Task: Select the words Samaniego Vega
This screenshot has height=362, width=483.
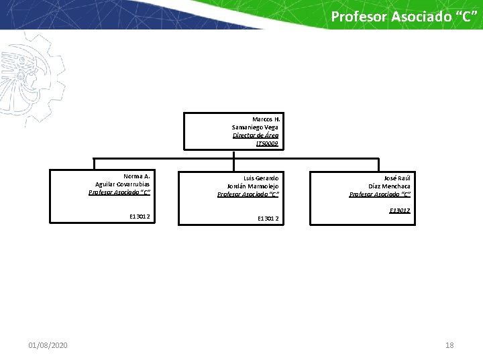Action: pos(255,127)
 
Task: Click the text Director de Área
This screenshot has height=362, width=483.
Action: pos(255,135)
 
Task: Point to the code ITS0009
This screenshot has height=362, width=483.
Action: pos(266,143)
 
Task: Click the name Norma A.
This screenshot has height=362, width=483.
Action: pos(136,176)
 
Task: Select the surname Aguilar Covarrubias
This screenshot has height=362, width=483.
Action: pos(123,184)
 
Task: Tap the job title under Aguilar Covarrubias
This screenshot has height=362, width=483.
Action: pos(119,192)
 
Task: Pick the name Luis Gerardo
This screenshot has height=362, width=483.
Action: pos(261,178)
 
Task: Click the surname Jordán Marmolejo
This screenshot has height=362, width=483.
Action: pos(253,186)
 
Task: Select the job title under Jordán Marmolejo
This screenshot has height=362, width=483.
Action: pos(248,194)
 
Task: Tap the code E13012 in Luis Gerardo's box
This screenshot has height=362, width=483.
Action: pos(268,218)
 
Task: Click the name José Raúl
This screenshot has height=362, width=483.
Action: pos(396,178)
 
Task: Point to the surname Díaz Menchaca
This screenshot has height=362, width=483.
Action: pos(389,186)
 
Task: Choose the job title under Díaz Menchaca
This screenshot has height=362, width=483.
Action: pos(380,194)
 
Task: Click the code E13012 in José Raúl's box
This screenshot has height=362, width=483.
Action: pos(400,210)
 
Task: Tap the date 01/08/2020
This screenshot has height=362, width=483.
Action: pos(48,345)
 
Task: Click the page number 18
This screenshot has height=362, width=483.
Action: pos(449,345)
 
